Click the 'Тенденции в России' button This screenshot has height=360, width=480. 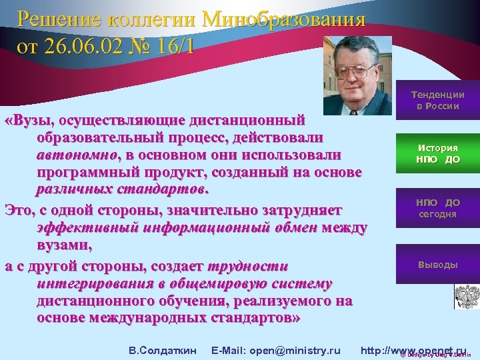437,101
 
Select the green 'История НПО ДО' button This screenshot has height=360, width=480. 437,154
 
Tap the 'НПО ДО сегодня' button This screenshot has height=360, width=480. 437,208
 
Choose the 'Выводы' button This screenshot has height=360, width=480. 437,265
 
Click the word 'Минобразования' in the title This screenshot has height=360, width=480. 287,18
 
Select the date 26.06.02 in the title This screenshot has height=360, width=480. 94,49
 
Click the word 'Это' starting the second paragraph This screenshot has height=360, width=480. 17,210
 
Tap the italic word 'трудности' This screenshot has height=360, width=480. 247,266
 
